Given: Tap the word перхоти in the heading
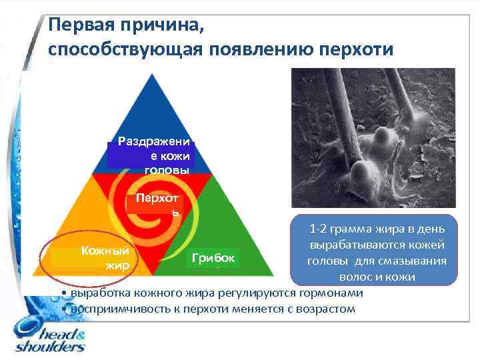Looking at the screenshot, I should tap(358, 51).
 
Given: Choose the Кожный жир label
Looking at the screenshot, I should tap(100, 257).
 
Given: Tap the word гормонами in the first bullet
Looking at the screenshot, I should tap(337, 293).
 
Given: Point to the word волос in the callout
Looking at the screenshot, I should tap(354, 275).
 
